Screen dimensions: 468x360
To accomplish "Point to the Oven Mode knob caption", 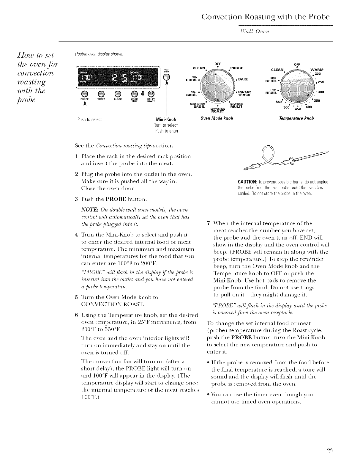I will click(x=216, y=118).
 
